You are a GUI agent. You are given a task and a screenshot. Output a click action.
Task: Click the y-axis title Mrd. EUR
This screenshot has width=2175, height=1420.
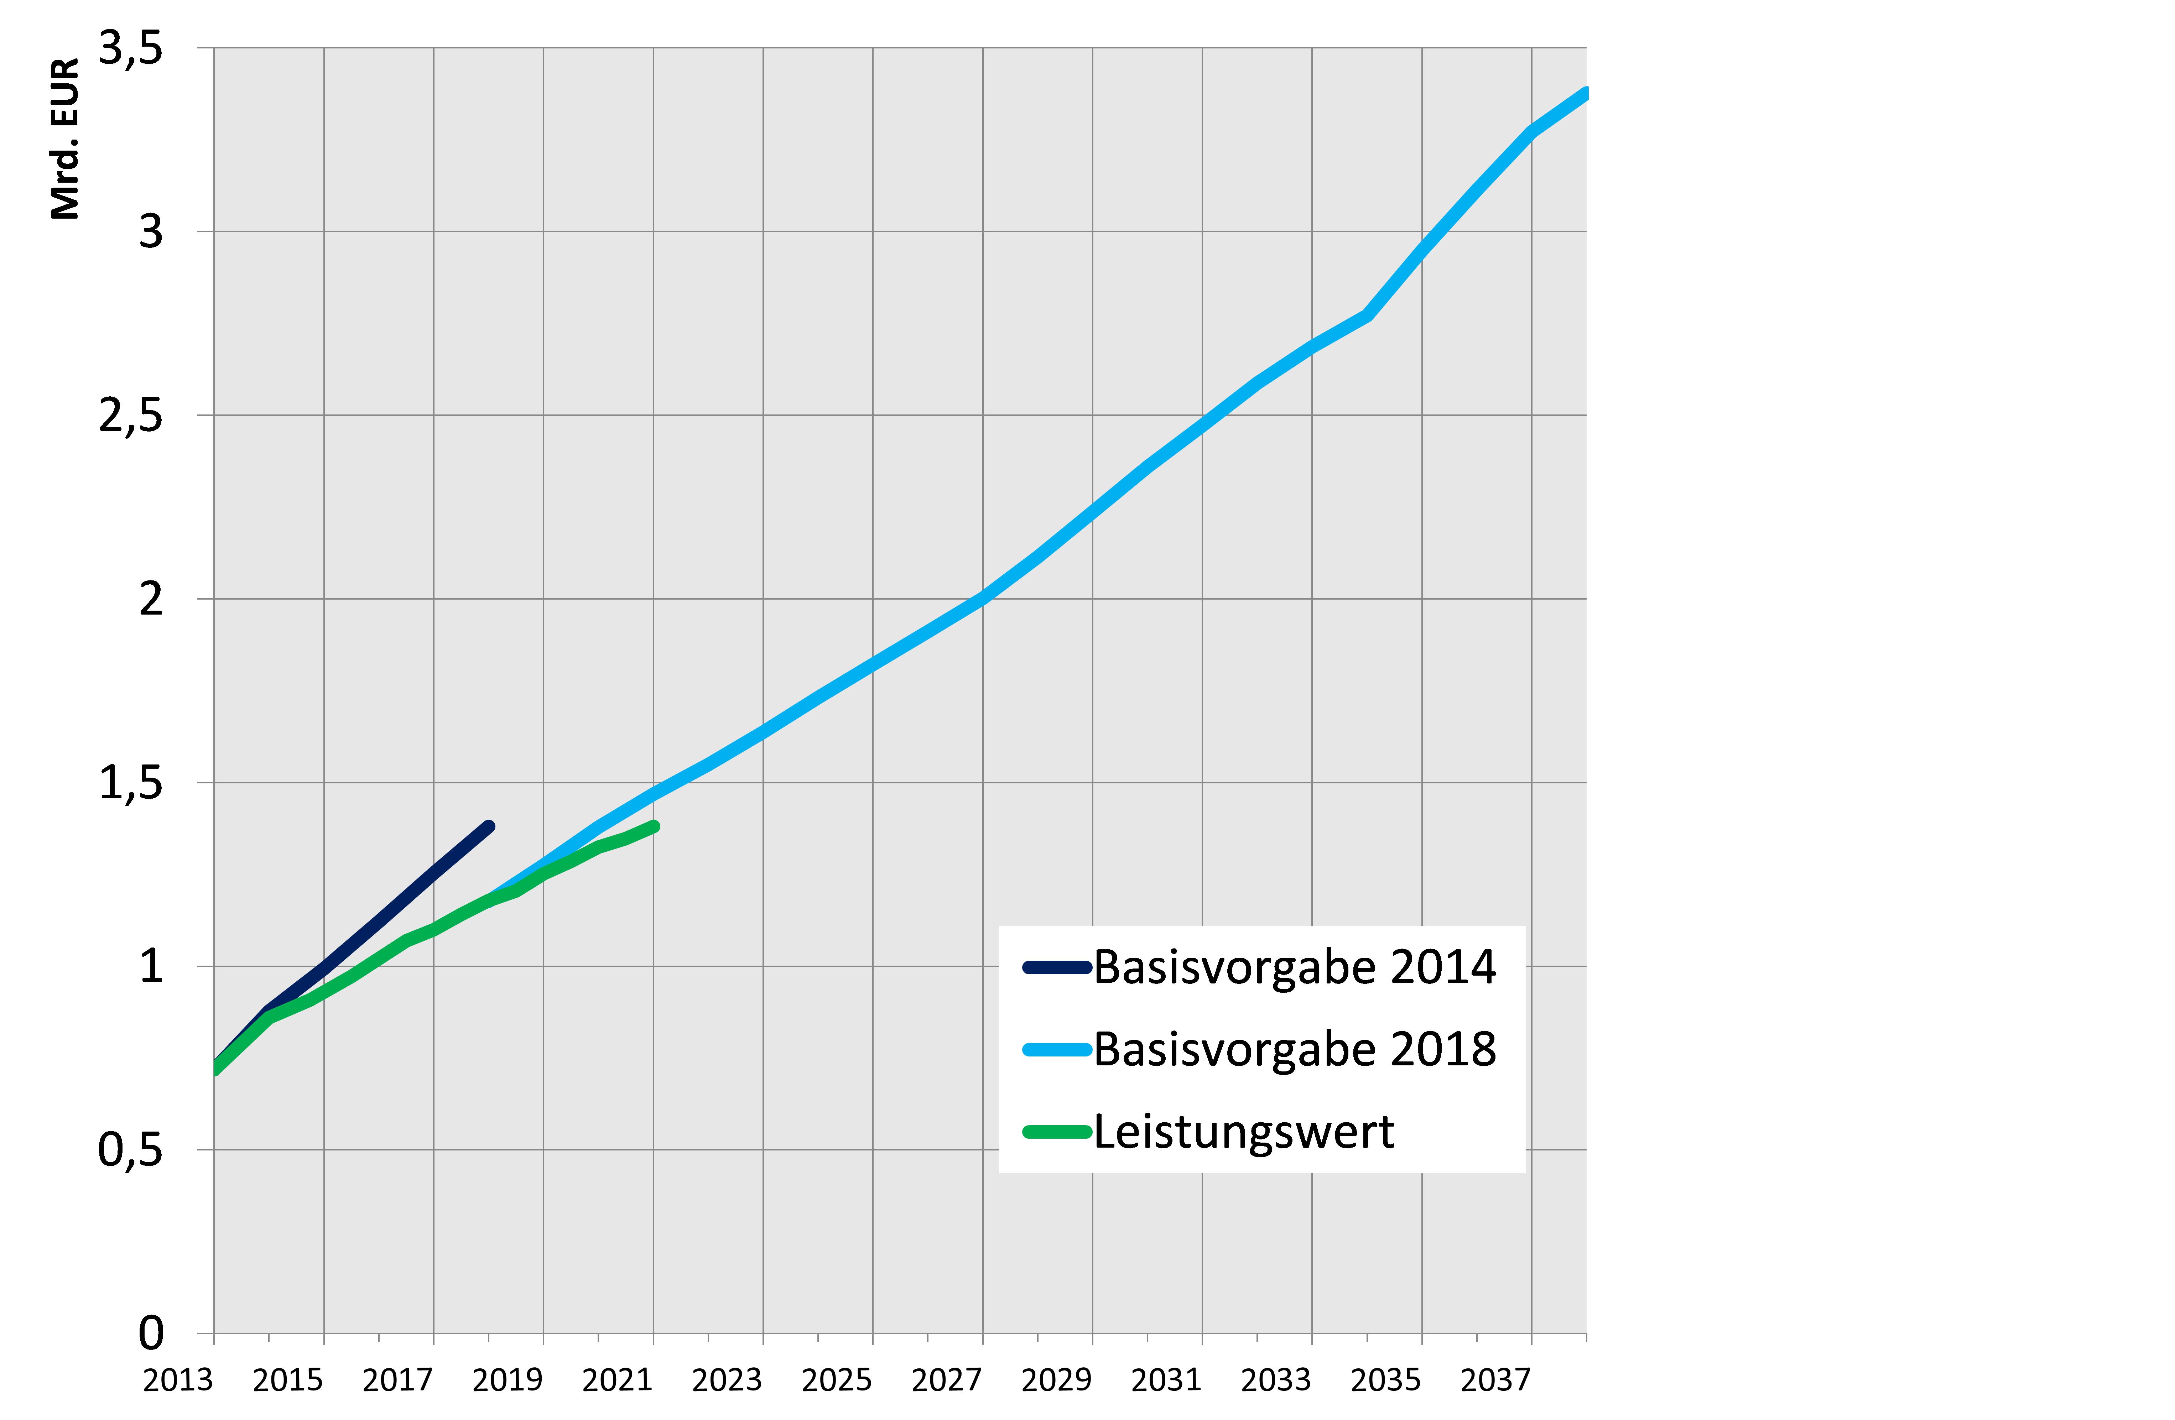(66, 139)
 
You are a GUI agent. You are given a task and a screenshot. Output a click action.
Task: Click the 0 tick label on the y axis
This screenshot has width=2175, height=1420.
(151, 1333)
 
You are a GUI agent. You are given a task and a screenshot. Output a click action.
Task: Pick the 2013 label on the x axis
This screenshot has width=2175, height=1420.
(178, 1380)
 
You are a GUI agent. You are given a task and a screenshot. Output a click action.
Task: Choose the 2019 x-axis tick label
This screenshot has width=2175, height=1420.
(507, 1380)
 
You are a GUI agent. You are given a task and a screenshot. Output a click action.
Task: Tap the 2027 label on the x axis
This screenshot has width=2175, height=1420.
(947, 1380)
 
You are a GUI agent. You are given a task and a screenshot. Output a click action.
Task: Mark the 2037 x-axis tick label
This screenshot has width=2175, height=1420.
(1495, 1380)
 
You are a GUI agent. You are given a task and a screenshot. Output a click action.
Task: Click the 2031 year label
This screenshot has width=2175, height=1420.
(1166, 1380)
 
